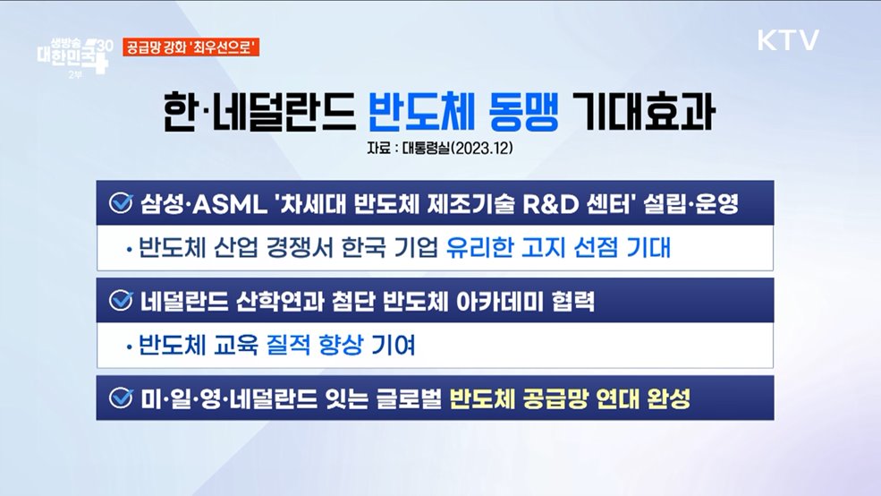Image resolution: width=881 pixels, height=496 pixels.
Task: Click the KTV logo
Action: pyautogui.click(x=788, y=40)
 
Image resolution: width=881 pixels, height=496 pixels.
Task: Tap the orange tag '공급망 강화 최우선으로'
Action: pyautogui.click(x=191, y=48)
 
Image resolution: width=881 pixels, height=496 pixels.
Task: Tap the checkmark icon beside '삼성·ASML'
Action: pyautogui.click(x=120, y=202)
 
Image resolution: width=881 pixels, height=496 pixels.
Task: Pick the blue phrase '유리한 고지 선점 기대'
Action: pyautogui.click(x=558, y=248)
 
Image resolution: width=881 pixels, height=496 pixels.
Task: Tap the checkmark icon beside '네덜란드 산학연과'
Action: pyautogui.click(x=120, y=301)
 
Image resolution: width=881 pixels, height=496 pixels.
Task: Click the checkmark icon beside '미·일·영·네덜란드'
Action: pyautogui.click(x=120, y=398)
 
